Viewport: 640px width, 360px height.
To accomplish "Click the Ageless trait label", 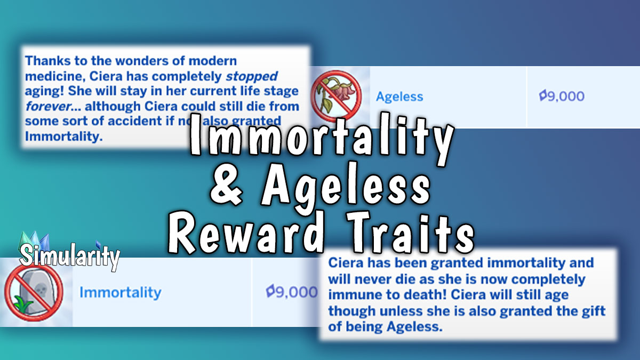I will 399,97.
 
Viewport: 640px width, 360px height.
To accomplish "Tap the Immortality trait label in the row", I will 120,292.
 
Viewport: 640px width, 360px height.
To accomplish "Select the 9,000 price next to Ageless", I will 562,97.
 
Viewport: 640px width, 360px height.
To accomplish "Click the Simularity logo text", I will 69,257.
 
